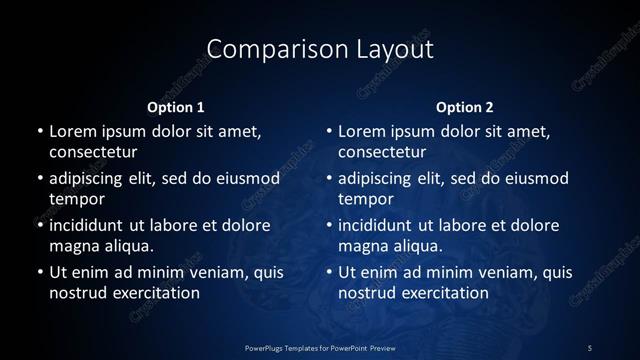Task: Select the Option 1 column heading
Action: click(176, 107)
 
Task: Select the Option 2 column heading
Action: click(465, 107)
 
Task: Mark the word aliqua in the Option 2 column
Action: click(417, 245)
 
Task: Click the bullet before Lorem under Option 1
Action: click(39, 132)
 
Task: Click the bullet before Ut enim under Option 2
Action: click(329, 272)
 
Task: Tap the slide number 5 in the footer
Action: click(590, 347)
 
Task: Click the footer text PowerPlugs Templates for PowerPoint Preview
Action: click(319, 347)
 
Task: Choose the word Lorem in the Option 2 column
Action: click(362, 131)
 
